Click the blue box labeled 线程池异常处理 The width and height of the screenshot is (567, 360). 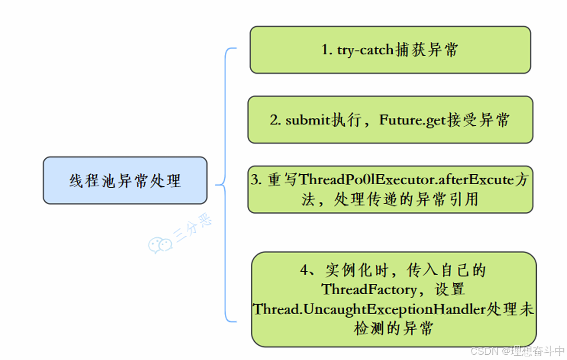click(125, 181)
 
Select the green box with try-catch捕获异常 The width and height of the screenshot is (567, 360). click(390, 50)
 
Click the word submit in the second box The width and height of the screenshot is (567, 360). click(307, 120)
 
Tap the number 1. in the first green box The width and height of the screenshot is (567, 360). click(327, 51)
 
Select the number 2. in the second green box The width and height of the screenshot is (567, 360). click(275, 121)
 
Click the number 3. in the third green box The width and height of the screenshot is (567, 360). click(256, 181)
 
